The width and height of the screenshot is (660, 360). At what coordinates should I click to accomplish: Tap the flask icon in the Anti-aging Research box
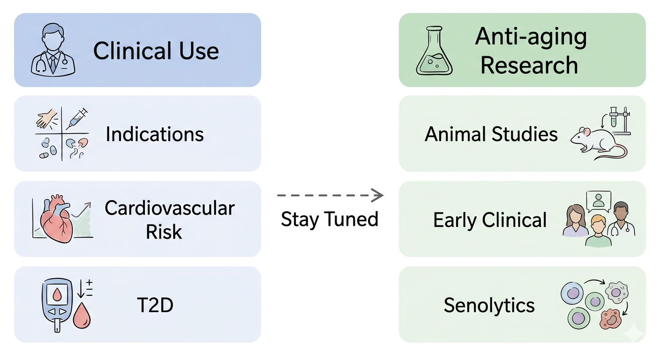pos(435,50)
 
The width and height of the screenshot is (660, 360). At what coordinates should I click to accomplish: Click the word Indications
pos(155,134)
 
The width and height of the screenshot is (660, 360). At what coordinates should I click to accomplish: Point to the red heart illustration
pos(56,218)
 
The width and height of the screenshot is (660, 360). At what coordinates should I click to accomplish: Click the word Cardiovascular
pos(170,208)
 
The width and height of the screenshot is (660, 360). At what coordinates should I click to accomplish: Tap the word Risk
pos(164,232)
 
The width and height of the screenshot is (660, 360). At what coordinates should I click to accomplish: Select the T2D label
pos(155,305)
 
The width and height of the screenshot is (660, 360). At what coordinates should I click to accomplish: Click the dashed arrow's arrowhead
pos(377,195)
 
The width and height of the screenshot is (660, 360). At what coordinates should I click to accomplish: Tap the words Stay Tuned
pos(330,219)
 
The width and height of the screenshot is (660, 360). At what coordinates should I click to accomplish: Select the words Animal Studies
pos(491,134)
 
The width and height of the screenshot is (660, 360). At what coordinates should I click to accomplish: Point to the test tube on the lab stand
pos(614,118)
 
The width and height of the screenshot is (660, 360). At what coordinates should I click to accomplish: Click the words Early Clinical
pos(490,220)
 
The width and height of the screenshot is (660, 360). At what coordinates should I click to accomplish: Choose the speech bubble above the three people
pos(599,202)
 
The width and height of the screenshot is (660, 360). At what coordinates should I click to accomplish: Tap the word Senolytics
pos(489,305)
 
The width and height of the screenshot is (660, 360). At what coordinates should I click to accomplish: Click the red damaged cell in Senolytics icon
pos(610,319)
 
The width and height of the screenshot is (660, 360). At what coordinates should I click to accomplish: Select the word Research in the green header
pos(529,65)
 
